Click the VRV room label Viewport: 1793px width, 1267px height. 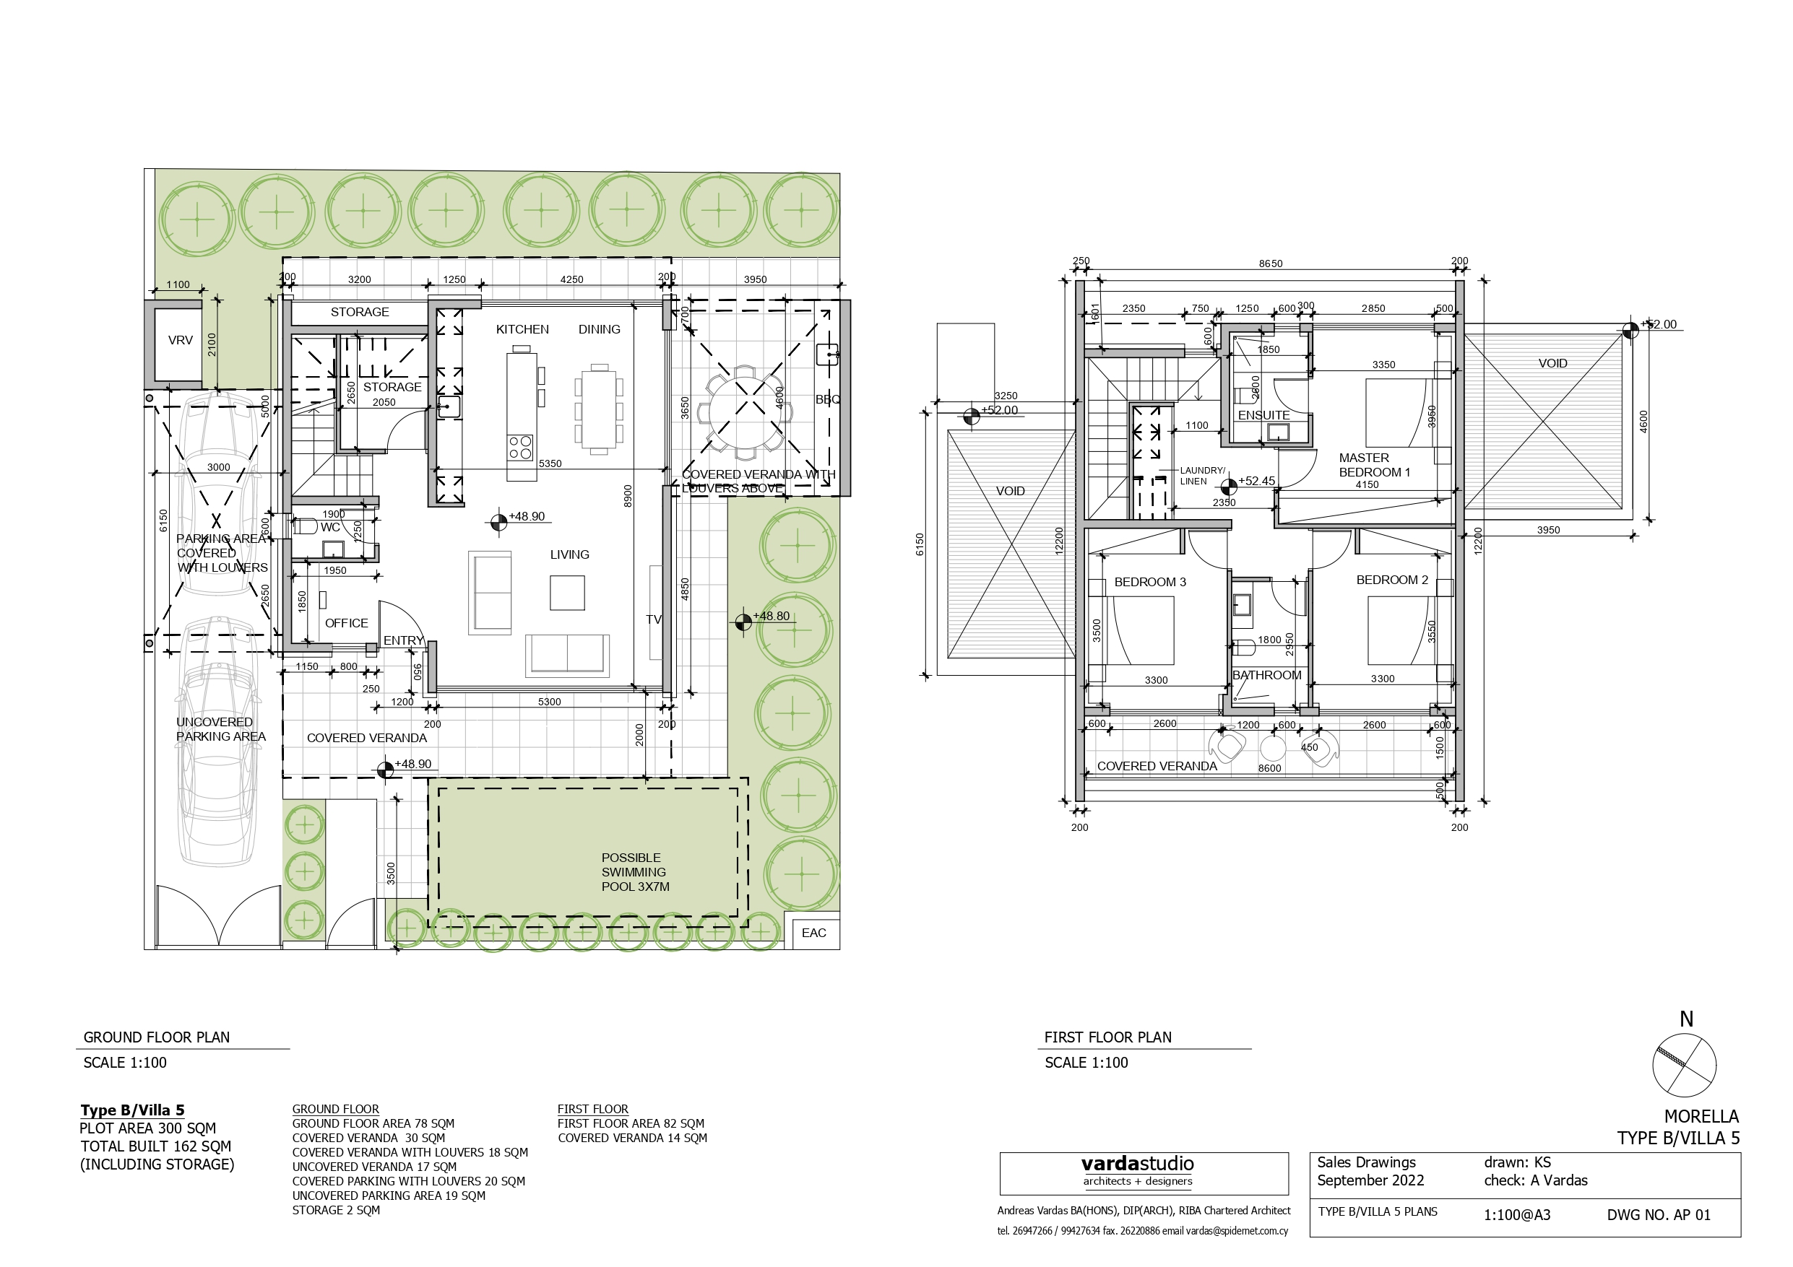pos(181,340)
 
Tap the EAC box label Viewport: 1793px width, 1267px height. pos(813,933)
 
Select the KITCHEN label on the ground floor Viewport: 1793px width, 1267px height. pos(522,329)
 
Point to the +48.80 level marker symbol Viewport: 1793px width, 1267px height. pos(743,622)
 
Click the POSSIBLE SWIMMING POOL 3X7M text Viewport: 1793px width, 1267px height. pos(635,872)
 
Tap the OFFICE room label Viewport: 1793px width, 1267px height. pos(346,623)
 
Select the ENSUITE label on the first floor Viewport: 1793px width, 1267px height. pos(1263,415)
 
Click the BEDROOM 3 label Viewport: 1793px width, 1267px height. pos(1149,583)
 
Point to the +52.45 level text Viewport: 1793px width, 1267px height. pos(1256,481)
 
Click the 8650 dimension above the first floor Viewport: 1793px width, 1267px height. pos(1270,264)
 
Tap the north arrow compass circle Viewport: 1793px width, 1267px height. pos(1685,1066)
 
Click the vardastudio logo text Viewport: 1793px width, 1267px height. pos(1137,1164)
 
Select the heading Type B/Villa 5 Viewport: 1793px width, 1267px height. pos(133,1110)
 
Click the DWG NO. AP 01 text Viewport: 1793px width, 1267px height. pos(1658,1216)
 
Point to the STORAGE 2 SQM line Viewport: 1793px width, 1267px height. pos(336,1210)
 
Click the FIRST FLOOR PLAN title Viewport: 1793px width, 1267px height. pos(1107,1037)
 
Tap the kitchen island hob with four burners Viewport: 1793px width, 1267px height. pos(520,448)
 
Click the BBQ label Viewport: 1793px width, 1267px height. pos(828,400)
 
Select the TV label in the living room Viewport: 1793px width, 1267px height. pos(654,620)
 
